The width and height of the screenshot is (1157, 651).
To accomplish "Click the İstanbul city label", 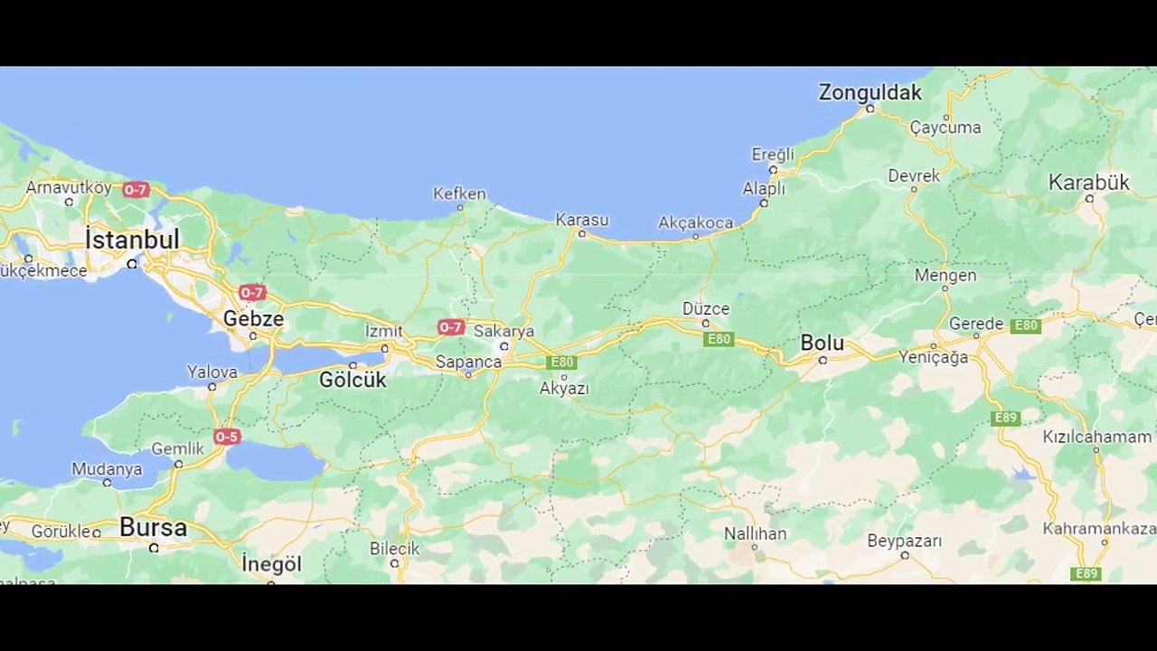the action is (132, 240).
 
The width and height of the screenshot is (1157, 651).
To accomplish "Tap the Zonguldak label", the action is (870, 92).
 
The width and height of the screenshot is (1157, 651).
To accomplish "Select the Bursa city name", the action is (153, 527).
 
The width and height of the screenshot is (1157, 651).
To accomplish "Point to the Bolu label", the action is (822, 344).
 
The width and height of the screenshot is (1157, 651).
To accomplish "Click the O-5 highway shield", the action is (227, 438).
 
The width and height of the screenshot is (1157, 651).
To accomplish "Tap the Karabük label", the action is (1088, 183).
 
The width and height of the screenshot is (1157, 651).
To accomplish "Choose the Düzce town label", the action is (705, 308).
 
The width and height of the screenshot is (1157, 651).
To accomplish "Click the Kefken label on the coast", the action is (459, 193).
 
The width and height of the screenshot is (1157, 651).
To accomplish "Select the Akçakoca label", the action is (695, 222).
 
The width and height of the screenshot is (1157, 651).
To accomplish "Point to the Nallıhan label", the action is (755, 533).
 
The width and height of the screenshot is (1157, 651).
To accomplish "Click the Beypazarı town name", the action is (904, 541).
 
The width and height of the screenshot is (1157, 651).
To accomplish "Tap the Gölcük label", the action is (353, 380).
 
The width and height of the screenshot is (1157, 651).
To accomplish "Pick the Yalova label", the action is (212, 372).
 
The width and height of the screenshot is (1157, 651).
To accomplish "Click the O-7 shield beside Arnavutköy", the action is (136, 190).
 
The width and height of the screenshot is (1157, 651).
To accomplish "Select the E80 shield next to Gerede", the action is (1026, 325).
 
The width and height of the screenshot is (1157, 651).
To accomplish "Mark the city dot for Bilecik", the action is (394, 563).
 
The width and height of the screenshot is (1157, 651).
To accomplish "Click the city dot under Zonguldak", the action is (870, 108).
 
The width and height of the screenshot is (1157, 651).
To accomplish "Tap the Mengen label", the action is (945, 275).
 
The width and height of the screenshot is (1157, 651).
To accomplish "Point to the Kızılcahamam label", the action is (1096, 437).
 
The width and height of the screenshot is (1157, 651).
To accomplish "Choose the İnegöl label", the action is (271, 564).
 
